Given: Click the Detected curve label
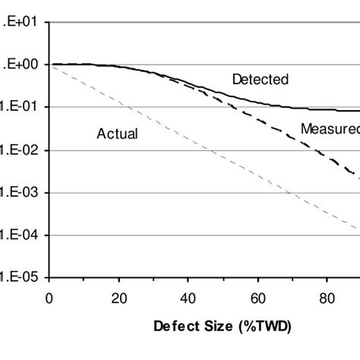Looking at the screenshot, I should [260, 79].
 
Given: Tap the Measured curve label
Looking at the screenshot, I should [329, 128].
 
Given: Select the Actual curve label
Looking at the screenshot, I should [117, 134].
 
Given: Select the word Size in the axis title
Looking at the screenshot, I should [213, 329].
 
